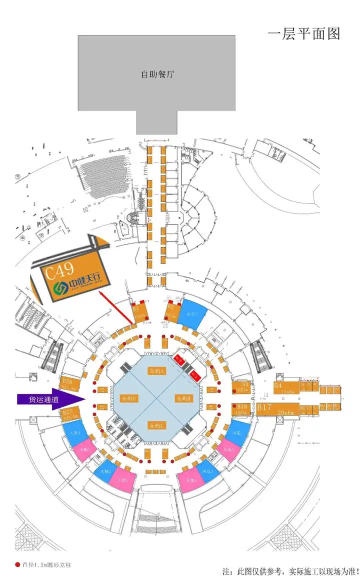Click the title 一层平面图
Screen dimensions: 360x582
pos(304,33)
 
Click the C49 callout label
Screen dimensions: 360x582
pos(58,272)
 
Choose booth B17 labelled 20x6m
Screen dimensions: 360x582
pos(278,410)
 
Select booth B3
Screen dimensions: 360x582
pos(243,387)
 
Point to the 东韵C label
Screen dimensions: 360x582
pos(156,425)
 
